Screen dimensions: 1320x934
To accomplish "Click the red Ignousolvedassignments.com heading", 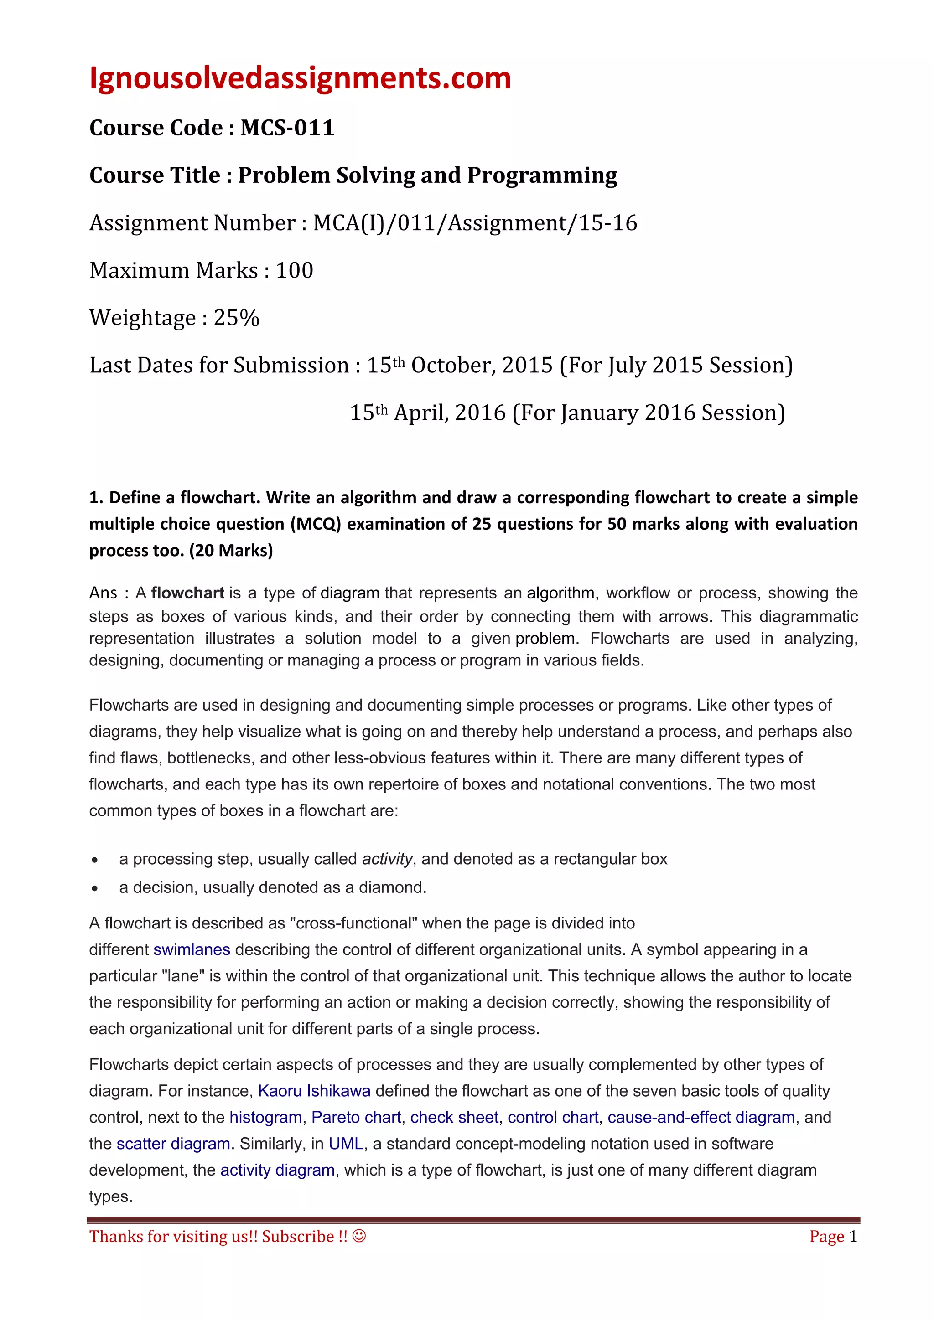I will click(x=300, y=78).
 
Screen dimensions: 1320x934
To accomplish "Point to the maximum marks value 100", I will click(x=295, y=270).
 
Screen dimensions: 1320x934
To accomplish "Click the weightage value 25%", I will click(x=236, y=318).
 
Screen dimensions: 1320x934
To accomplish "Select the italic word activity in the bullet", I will click(x=386, y=859).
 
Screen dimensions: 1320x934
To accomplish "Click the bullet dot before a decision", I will click(x=95, y=889).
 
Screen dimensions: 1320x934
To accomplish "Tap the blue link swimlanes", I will click(x=192, y=950).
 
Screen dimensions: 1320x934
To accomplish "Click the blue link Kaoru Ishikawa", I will click(x=314, y=1091).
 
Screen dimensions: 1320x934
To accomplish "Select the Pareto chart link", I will click(x=356, y=1117).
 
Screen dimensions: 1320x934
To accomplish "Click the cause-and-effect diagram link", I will click(x=701, y=1117).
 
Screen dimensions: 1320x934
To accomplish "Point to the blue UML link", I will click(x=346, y=1144).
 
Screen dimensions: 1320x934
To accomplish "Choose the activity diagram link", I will click(x=277, y=1170).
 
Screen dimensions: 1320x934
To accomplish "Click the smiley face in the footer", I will click(x=359, y=1236).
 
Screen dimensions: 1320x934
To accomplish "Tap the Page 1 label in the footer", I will click(x=833, y=1237).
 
